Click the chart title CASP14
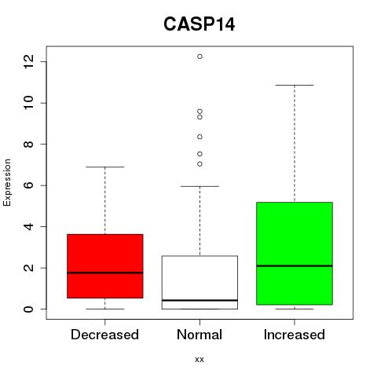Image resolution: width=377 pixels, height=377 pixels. [199, 24]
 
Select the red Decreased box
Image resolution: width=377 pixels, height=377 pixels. [105, 266]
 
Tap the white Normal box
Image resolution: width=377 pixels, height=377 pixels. [199, 283]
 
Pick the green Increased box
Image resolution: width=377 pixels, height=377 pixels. [295, 254]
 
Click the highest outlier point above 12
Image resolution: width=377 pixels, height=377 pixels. [199, 57]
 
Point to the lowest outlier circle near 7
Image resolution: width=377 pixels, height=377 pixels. [199, 164]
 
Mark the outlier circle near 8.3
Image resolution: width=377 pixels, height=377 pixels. [199, 137]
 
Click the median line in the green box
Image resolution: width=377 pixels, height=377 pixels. [295, 265]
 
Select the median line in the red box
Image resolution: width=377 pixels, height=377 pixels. [105, 273]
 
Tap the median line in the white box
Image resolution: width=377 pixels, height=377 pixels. [199, 300]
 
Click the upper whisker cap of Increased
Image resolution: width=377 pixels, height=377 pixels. [295, 85]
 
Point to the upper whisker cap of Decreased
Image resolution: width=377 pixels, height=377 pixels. [105, 167]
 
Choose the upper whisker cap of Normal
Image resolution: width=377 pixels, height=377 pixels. [199, 186]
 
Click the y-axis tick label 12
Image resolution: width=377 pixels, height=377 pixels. [28, 62]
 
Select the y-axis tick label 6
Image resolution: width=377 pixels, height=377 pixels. [28, 185]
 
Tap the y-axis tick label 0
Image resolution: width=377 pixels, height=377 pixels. [28, 309]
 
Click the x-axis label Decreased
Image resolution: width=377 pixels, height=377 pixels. [104, 335]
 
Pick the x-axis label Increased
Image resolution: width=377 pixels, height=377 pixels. [295, 335]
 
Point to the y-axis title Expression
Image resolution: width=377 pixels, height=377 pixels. [7, 182]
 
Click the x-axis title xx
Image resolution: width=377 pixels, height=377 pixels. [199, 360]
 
